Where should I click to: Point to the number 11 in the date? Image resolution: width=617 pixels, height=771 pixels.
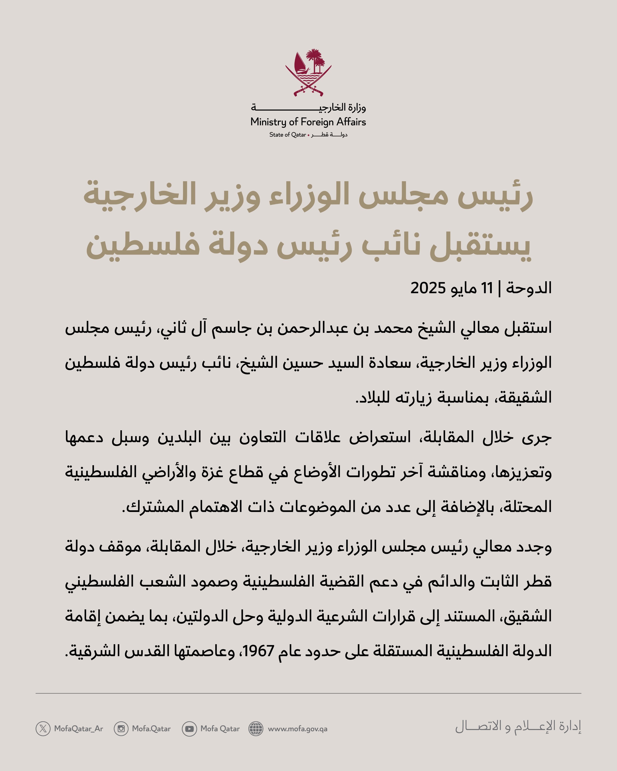(x=487, y=288)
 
